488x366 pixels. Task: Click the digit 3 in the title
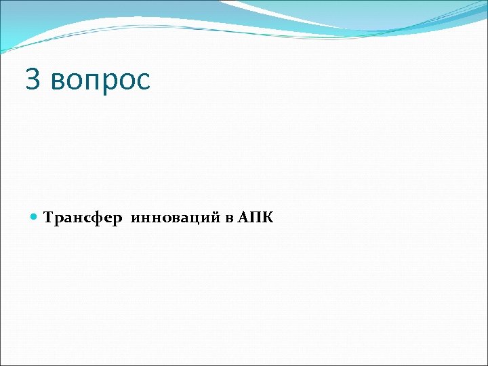(33, 79)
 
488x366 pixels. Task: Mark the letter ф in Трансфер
(97, 219)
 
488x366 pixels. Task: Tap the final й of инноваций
(216, 218)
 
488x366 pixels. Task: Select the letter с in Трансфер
(87, 219)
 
